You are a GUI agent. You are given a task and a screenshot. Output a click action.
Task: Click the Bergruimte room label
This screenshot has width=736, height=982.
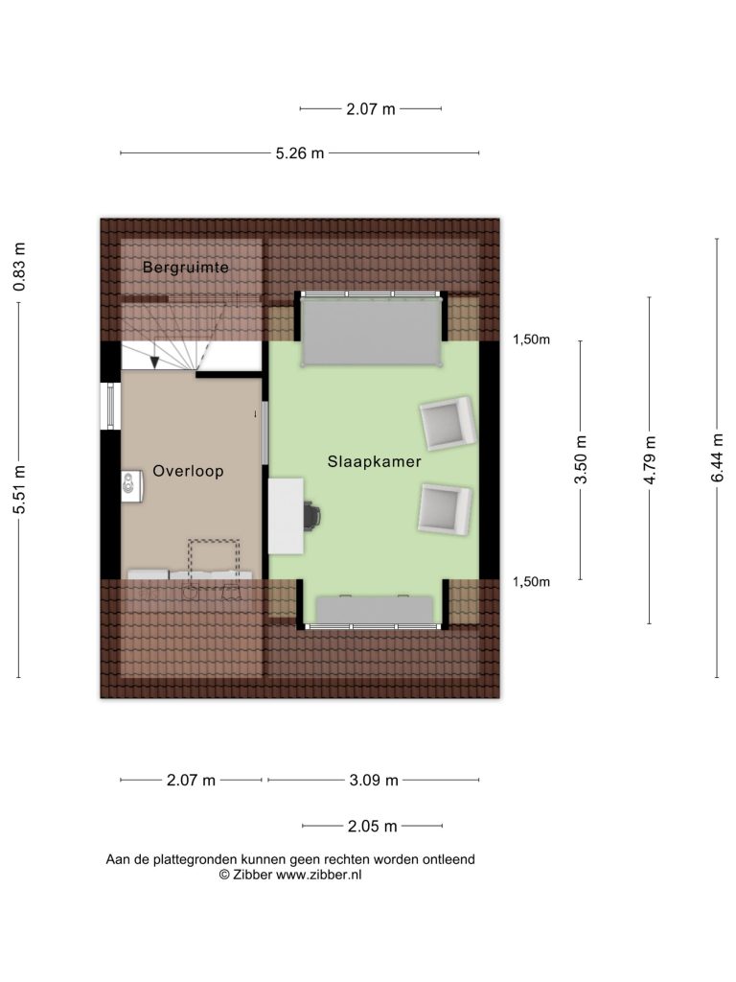click(185, 268)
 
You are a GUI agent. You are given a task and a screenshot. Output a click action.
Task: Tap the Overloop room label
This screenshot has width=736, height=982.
click(189, 471)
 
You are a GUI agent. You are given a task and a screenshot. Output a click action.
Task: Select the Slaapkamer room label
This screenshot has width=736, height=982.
click(375, 461)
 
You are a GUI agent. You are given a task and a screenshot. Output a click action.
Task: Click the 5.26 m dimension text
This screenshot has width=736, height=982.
click(300, 152)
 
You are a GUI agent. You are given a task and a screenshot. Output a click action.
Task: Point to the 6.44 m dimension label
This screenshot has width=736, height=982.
click(717, 457)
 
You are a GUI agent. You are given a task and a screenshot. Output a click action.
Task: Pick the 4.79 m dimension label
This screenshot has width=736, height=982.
click(650, 459)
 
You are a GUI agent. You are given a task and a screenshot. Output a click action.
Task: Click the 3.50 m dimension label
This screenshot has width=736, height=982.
click(581, 459)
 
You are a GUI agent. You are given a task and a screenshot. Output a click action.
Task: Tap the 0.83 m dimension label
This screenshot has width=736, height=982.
click(19, 267)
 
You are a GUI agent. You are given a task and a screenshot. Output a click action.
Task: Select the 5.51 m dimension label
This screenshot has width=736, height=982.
click(19, 490)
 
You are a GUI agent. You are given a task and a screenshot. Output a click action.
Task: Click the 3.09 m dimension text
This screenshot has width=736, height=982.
click(374, 781)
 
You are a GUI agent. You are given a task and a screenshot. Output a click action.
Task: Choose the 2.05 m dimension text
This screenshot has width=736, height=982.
click(373, 826)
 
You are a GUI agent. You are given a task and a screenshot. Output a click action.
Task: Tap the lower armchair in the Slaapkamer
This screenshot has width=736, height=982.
click(445, 509)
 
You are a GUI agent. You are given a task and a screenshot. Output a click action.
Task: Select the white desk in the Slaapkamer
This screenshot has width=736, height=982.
click(286, 516)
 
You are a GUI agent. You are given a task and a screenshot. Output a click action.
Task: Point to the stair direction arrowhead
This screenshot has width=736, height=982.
click(154, 362)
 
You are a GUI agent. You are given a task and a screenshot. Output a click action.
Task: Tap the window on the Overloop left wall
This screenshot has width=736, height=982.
click(110, 407)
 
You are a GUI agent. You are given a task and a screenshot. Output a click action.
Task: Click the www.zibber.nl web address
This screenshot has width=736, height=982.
click(318, 875)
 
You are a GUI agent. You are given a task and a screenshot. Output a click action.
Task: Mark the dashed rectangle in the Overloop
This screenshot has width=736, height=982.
click(214, 560)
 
